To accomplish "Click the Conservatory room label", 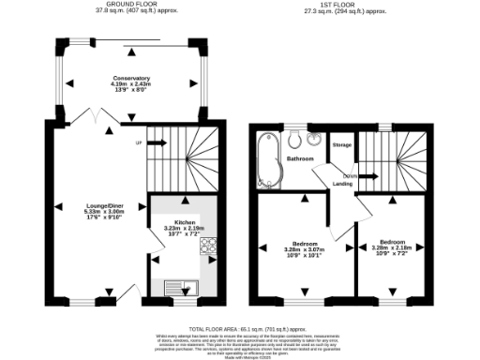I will [x=132, y=78].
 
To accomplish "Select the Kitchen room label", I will [x=184, y=222].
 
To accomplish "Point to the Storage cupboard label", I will [x=341, y=145].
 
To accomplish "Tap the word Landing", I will [x=342, y=184].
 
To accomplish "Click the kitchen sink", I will [x=176, y=287].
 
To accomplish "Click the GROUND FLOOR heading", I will [x=131, y=5].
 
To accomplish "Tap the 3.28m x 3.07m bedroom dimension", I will [x=303, y=248].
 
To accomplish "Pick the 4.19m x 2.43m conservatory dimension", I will [x=132, y=84].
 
